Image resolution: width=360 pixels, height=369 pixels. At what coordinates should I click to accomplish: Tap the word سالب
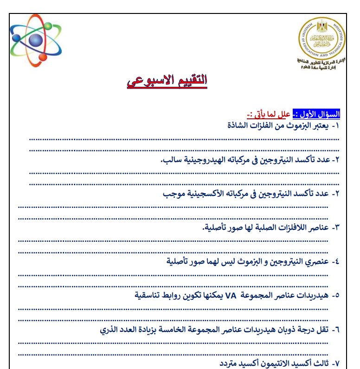pos(171,160)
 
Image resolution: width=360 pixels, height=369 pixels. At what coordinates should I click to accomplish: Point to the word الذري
pos(112,329)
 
